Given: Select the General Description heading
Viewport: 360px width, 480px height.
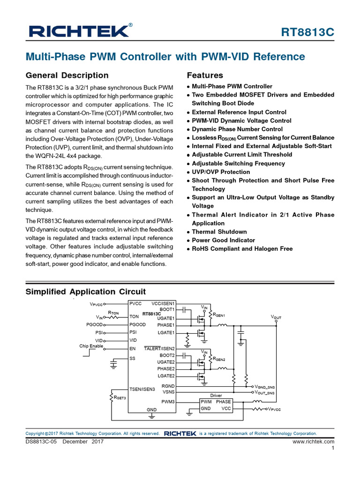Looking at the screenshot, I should click(67, 75).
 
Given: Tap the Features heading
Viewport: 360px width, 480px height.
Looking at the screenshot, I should click(205, 75).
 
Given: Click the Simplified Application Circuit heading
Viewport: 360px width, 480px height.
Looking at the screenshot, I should click(85, 292).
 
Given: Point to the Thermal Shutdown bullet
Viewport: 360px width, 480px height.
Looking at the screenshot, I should click(219, 232).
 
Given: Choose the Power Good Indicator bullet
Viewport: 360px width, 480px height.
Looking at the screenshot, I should click(223, 240).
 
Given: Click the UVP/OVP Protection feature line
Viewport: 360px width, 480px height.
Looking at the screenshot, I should click(221, 172).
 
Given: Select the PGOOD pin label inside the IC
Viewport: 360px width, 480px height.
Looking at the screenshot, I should click(138, 324).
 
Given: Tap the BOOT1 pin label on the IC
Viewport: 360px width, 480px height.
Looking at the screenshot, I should click(167, 309).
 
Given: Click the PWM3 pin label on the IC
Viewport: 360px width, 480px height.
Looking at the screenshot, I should click(168, 402).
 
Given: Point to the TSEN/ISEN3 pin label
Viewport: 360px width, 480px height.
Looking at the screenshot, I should click(142, 389).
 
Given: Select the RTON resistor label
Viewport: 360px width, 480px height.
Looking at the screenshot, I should click(113, 312).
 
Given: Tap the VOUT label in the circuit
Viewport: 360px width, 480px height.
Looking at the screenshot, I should click(276, 317).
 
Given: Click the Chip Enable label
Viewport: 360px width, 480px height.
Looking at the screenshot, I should click(91, 346).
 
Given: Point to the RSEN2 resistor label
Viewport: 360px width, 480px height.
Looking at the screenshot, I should click(219, 360).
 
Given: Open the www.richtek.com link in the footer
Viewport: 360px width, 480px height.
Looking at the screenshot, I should click(313, 442).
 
